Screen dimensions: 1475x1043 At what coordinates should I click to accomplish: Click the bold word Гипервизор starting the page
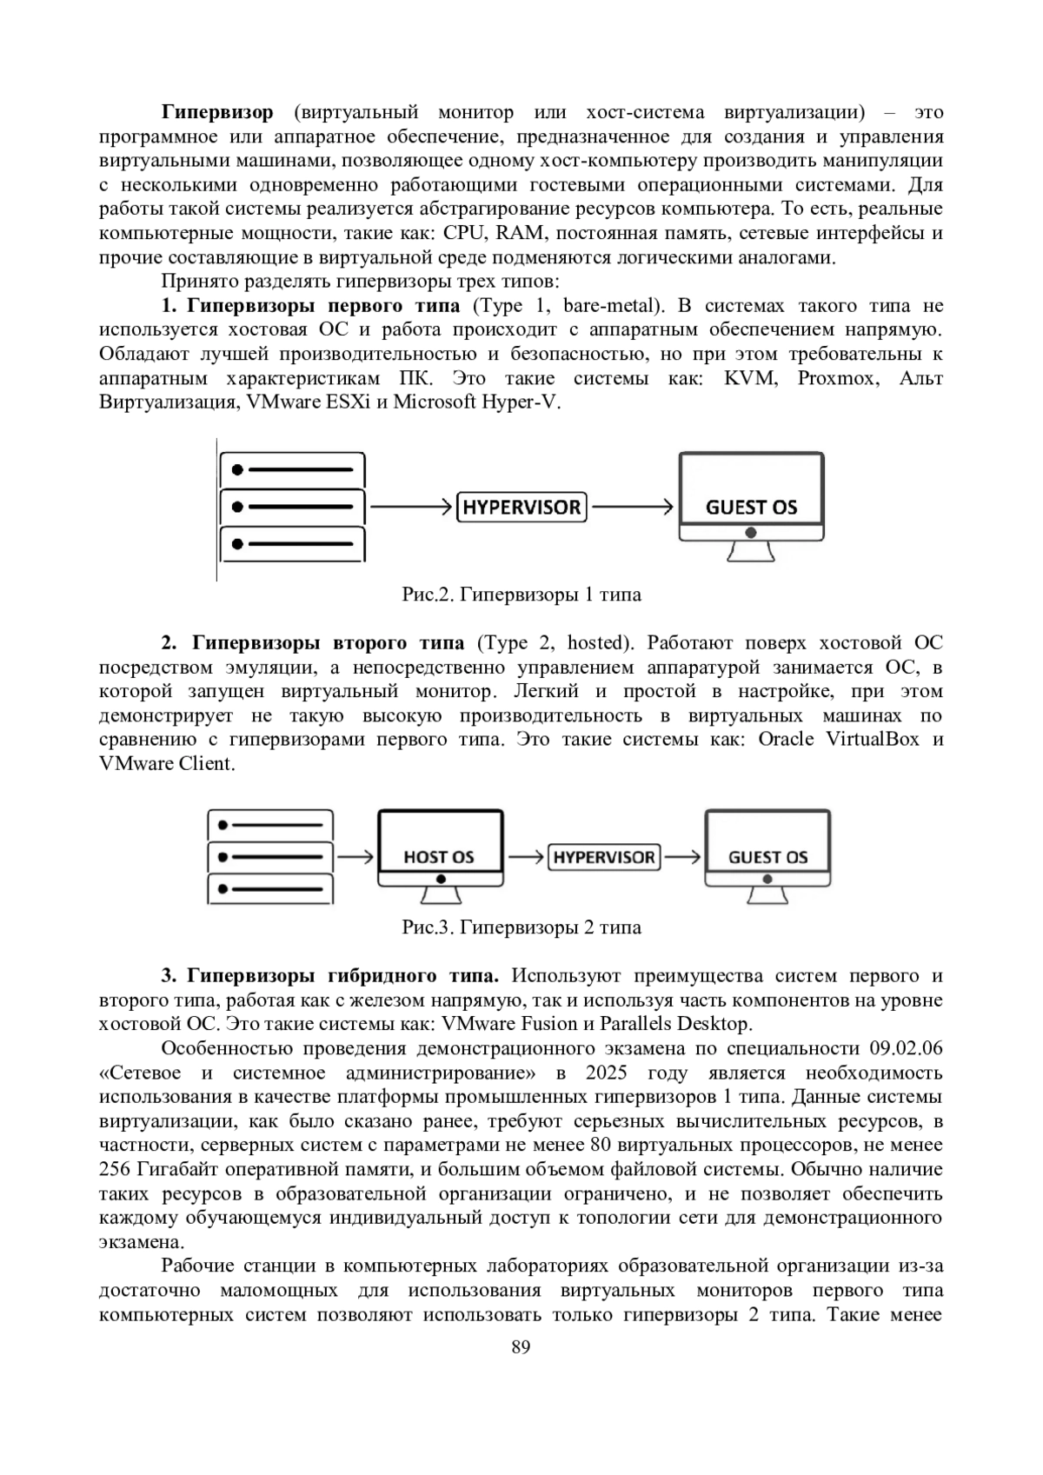(217, 112)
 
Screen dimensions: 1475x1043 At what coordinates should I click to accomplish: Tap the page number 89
(521, 1348)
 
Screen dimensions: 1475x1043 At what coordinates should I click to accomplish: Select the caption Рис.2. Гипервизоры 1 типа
(521, 595)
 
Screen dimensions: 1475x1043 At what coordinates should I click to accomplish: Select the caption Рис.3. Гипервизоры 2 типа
(521, 927)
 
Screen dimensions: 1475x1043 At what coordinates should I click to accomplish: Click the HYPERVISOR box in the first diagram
(521, 507)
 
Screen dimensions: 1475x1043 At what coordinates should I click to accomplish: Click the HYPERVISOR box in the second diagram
(604, 857)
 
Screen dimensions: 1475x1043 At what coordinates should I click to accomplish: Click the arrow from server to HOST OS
(355, 857)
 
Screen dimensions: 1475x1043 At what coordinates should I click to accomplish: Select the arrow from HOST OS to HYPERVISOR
(526, 857)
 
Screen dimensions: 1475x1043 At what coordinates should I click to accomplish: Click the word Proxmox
(837, 378)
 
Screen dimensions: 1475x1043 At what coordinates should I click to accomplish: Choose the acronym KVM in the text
(749, 378)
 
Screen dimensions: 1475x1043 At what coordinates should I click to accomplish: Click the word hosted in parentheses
(596, 643)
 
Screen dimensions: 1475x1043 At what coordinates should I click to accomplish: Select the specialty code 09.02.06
(906, 1048)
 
